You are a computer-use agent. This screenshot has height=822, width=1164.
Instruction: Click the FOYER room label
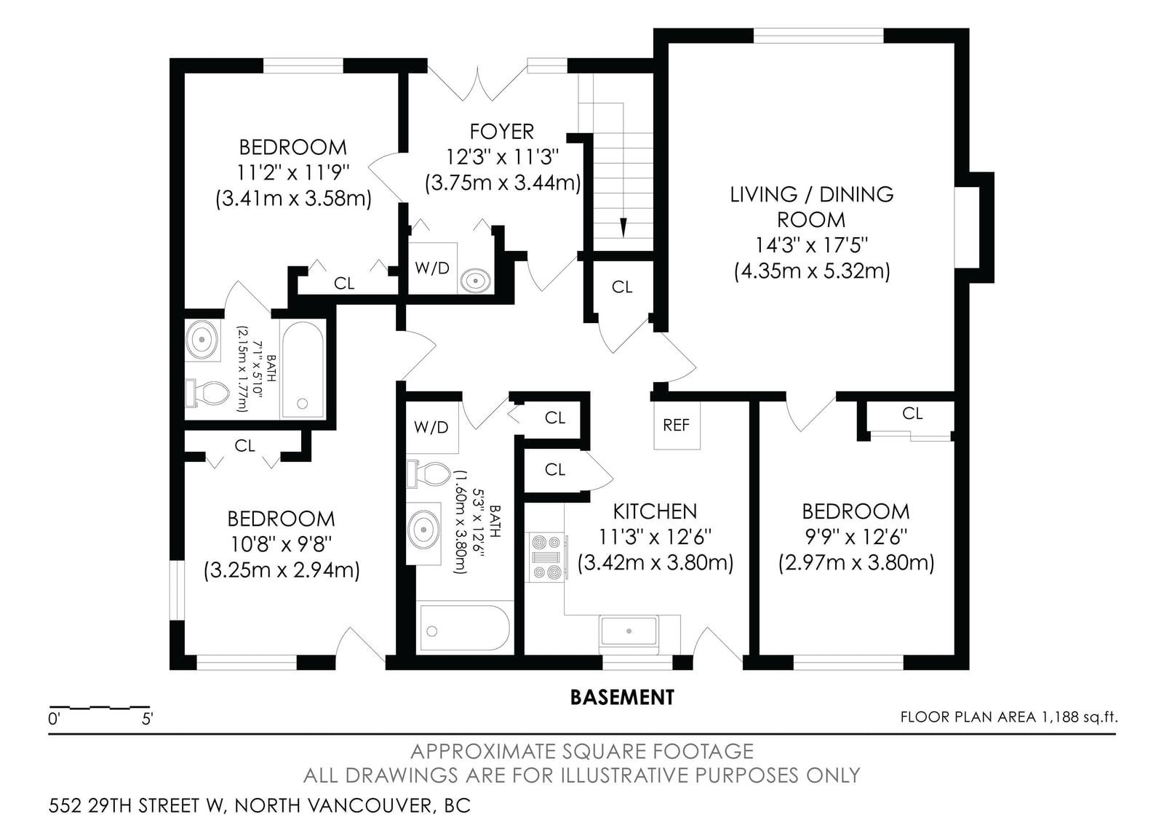(501, 132)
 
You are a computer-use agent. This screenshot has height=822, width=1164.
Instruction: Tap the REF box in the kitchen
(677, 425)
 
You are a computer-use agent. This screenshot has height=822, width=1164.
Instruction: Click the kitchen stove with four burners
(546, 557)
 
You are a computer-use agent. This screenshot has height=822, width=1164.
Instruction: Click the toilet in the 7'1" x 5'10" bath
(207, 394)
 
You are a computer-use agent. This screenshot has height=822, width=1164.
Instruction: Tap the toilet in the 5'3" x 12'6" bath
(428, 474)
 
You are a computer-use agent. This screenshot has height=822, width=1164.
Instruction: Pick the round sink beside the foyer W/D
(475, 281)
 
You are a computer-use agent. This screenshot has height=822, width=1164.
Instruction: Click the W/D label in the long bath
(431, 428)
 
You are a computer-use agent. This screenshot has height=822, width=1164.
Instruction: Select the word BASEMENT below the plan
(622, 698)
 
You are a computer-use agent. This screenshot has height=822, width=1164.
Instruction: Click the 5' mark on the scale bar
(148, 719)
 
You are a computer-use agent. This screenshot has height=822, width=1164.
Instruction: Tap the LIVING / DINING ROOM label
(812, 207)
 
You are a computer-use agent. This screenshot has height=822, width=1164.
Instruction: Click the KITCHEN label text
(655, 512)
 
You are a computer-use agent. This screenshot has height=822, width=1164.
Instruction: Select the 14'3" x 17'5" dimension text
(812, 244)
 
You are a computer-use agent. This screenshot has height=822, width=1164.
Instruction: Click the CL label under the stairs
(622, 287)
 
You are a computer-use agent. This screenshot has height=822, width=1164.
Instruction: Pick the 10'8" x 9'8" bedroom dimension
(281, 545)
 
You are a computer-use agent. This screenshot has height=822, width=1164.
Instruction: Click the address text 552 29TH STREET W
(136, 805)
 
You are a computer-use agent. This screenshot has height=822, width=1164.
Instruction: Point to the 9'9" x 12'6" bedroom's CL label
(912, 414)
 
